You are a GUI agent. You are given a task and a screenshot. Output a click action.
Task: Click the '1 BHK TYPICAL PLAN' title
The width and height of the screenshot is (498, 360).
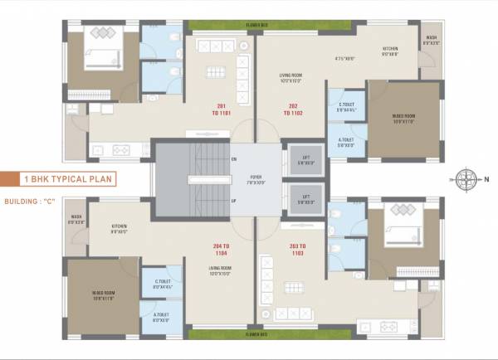70,178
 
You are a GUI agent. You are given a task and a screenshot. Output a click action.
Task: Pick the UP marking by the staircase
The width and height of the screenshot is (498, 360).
234,201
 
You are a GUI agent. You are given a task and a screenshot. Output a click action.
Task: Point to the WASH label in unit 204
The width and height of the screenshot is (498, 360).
76,220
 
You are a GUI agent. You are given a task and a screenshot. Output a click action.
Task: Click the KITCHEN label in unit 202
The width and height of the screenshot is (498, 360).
390,51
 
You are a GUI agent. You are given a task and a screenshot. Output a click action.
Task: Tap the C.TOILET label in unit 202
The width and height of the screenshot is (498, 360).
346,105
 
